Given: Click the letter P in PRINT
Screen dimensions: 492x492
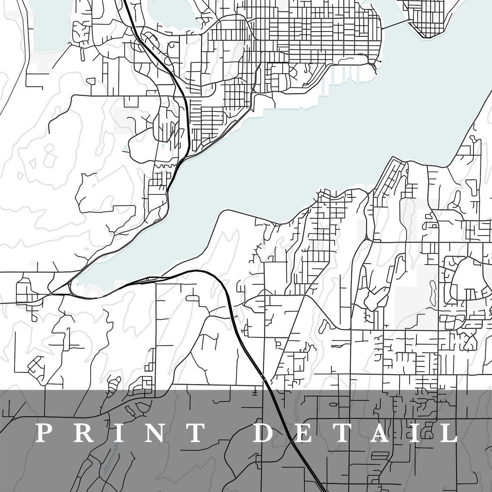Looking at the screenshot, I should pos(43,433).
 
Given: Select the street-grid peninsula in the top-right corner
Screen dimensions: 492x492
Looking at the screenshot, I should pos(427,17).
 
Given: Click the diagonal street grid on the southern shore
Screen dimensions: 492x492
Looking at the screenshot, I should pos(391,177).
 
